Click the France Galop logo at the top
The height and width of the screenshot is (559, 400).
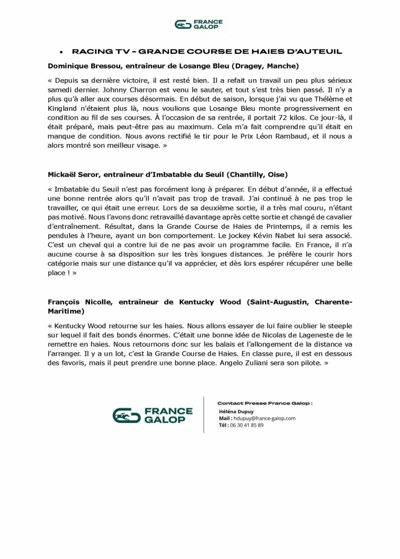coord(199,24)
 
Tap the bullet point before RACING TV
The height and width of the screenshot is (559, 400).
coord(61,52)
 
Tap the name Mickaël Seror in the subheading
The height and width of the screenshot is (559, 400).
coord(71,174)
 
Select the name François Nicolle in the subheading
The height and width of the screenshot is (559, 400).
coord(79,302)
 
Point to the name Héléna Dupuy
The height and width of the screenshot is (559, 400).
coord(236,412)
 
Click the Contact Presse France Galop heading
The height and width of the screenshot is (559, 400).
coord(265,403)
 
